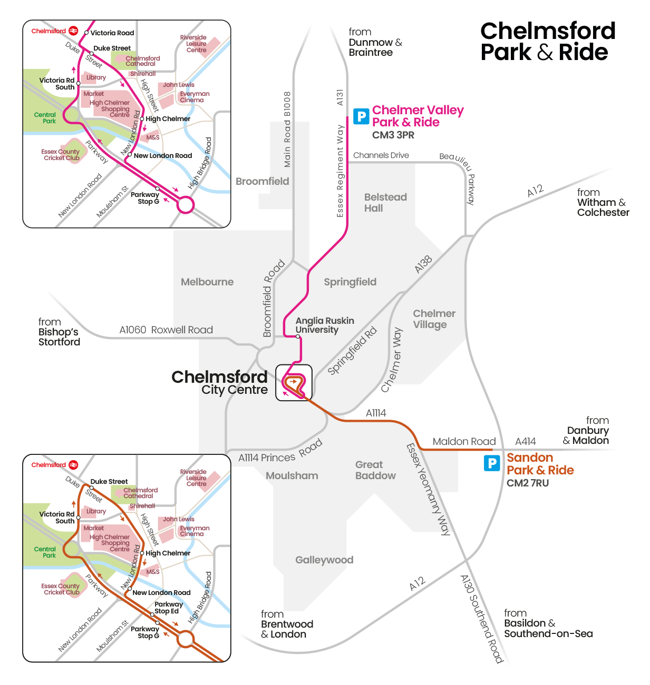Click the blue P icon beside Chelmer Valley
click(x=361, y=116)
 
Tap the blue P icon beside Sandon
click(x=492, y=463)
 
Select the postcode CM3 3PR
click(x=393, y=135)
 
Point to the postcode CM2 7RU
click(x=528, y=483)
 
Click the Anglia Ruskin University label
click(x=324, y=325)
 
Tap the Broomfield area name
click(x=262, y=182)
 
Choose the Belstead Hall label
click(x=385, y=203)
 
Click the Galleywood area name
click(x=324, y=560)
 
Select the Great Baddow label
click(x=375, y=470)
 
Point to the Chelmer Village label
click(x=434, y=319)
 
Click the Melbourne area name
click(x=207, y=282)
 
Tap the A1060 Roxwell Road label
click(x=166, y=330)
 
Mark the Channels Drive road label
click(x=381, y=155)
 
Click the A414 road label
click(x=525, y=442)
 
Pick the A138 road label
click(x=423, y=264)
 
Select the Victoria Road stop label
click(x=112, y=33)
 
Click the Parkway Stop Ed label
click(x=168, y=608)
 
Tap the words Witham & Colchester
click(x=603, y=207)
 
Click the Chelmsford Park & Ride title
click(x=547, y=42)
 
